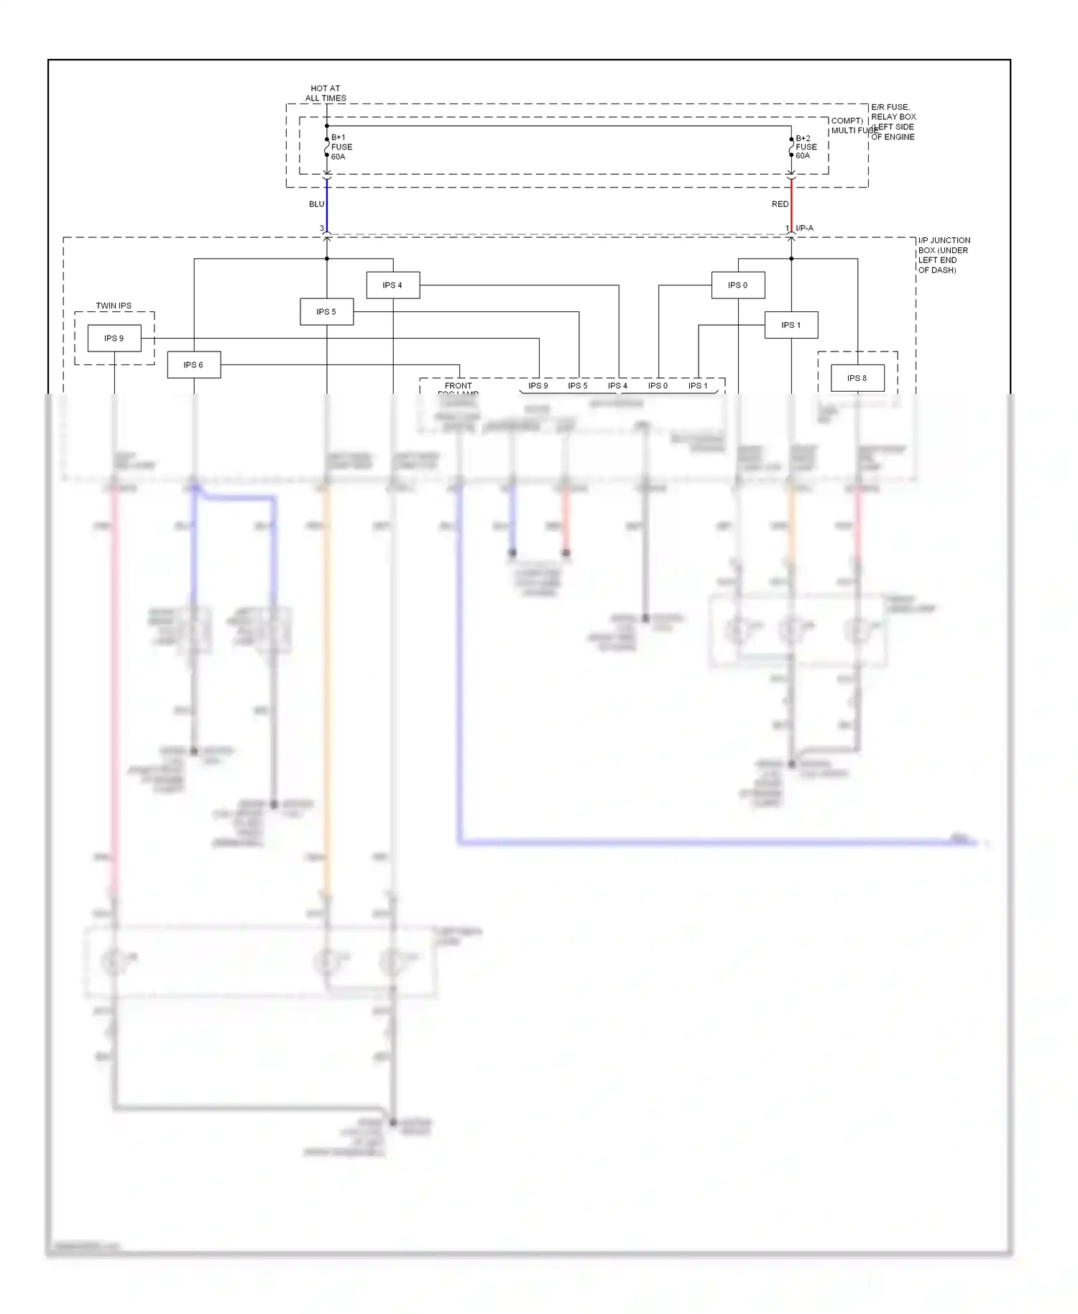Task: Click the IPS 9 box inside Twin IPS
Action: (x=114, y=338)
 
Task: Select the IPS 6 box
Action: (x=193, y=364)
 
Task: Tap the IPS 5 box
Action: (x=326, y=311)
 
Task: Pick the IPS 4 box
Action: (x=392, y=285)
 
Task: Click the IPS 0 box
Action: (x=737, y=285)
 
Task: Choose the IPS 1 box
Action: (x=791, y=325)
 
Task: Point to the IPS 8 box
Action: (x=857, y=378)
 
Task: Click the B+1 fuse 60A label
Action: (x=341, y=147)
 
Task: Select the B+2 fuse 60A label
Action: (x=806, y=147)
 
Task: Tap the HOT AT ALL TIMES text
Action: (x=326, y=93)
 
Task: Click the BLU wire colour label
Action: (x=316, y=204)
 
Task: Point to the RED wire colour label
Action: (x=780, y=204)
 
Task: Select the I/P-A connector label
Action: (x=804, y=228)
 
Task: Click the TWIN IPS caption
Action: (x=114, y=305)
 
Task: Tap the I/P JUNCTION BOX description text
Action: (x=944, y=255)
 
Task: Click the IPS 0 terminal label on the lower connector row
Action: (x=658, y=386)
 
